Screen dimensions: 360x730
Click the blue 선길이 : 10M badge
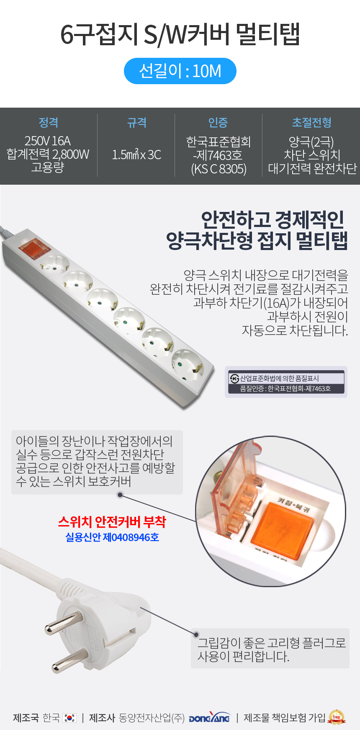coord(180,71)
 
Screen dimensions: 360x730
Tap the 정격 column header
coord(49,122)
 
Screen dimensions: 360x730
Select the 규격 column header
coord(137,122)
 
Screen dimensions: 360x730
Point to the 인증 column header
coord(218,122)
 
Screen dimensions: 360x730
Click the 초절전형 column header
coord(312,122)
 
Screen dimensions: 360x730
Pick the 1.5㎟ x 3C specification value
coord(136,155)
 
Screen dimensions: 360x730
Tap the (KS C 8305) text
coord(219,169)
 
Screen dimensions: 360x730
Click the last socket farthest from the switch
coord(188,363)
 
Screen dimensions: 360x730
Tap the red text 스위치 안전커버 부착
coord(112,522)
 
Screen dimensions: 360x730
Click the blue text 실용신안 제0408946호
coord(112,537)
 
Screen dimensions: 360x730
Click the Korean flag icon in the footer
coord(69,718)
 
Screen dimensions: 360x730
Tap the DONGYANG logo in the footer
coord(210,718)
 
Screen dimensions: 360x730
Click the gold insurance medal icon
coord(337,717)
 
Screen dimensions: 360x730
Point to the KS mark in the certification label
coord(234,379)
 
